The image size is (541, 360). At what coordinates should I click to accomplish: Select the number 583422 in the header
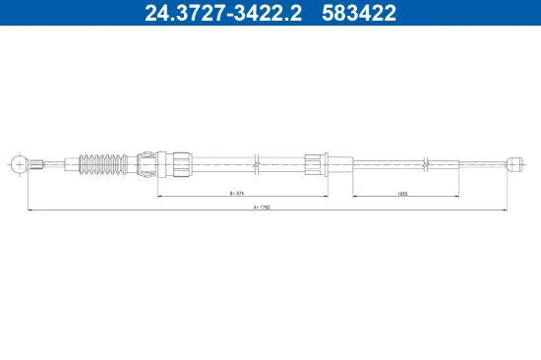pos(363,14)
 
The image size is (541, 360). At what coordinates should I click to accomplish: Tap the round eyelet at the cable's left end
pos(17,162)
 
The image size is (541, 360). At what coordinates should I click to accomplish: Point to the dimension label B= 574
pos(236,195)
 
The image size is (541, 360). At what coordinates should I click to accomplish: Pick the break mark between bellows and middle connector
pos(255,162)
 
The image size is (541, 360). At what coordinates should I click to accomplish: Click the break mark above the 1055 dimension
pos(424,162)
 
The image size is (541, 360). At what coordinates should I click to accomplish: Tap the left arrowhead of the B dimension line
pos(160,195)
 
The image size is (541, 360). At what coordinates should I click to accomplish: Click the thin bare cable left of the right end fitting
pos(472,162)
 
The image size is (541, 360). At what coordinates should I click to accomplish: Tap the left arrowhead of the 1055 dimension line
pos(354,195)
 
